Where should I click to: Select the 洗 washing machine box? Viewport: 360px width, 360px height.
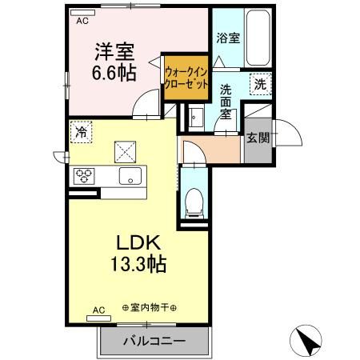click(261, 83)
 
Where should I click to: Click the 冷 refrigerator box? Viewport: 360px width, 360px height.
click(82, 133)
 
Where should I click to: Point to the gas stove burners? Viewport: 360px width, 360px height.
click(85, 176)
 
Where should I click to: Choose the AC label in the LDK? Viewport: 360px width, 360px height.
click(99, 309)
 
